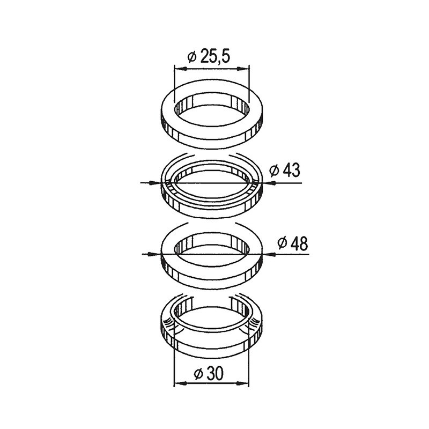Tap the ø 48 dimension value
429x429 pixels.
point(292,243)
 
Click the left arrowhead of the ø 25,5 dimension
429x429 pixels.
point(179,69)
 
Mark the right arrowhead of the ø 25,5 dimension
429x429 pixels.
point(247,69)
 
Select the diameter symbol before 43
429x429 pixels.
point(273,171)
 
